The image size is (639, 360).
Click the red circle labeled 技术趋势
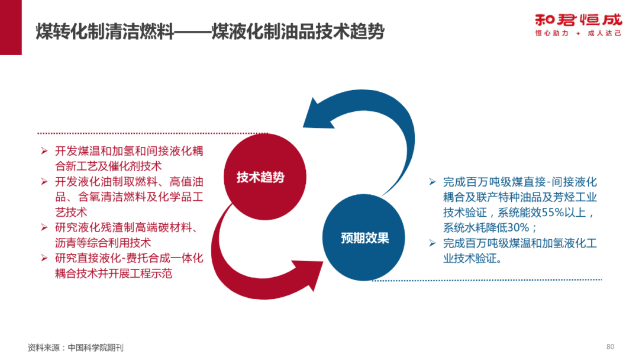tap(260, 177)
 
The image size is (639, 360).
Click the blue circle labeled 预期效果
tap(364, 238)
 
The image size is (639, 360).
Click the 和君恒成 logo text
tap(578, 19)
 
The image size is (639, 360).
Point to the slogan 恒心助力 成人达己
tap(578, 34)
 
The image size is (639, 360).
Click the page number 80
tap(611, 346)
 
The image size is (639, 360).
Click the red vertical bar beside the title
tap(11, 27)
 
